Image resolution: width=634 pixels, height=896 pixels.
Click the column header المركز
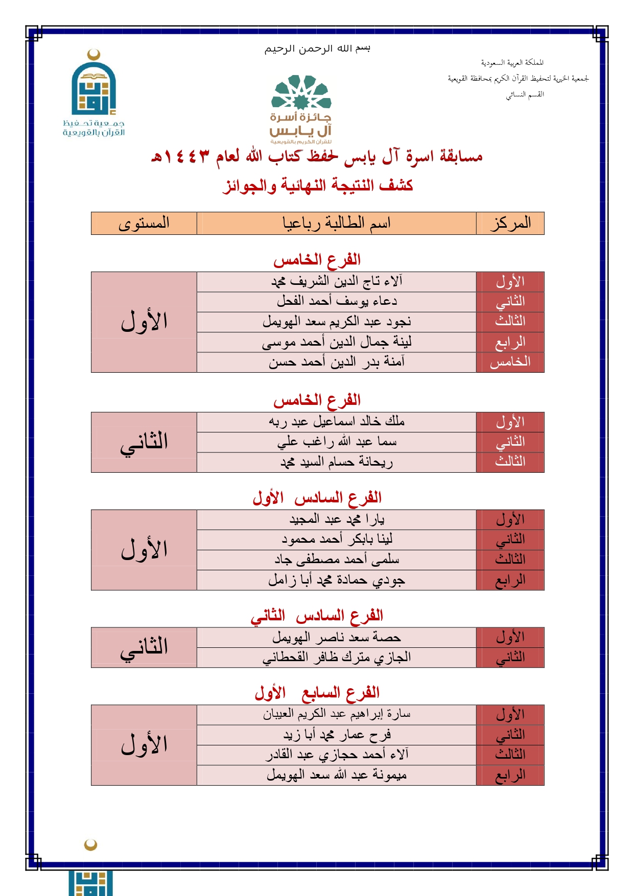(510, 224)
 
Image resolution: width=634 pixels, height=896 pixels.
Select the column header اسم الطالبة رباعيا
(336, 224)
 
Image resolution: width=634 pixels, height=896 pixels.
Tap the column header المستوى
(144, 224)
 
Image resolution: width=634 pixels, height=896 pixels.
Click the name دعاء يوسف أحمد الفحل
(336, 301)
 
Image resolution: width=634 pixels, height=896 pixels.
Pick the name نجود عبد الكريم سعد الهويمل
(336, 322)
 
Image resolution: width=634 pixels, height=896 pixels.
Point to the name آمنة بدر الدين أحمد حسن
(336, 362)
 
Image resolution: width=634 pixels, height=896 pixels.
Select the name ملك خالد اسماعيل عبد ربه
(336, 422)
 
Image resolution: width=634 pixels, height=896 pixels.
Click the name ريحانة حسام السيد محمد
(336, 462)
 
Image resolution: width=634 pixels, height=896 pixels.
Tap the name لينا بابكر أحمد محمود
(336, 539)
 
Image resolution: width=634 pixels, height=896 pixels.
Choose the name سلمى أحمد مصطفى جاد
(336, 560)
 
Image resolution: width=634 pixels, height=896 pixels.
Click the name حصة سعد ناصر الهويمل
(336, 637)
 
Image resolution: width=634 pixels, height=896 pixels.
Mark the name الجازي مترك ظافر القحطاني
(336, 658)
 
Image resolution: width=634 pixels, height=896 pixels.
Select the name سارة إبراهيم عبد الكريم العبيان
(336, 714)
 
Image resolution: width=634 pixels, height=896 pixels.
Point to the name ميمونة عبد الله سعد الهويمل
(336, 775)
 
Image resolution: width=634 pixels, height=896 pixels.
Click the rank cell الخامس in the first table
(510, 362)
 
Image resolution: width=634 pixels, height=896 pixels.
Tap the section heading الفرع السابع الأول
(317, 693)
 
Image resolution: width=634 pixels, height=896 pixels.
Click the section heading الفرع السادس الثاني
(317, 616)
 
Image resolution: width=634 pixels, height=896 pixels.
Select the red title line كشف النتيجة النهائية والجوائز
(317, 185)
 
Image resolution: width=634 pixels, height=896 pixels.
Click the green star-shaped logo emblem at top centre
(301, 93)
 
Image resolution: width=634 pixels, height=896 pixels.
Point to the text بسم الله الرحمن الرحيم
(317, 49)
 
